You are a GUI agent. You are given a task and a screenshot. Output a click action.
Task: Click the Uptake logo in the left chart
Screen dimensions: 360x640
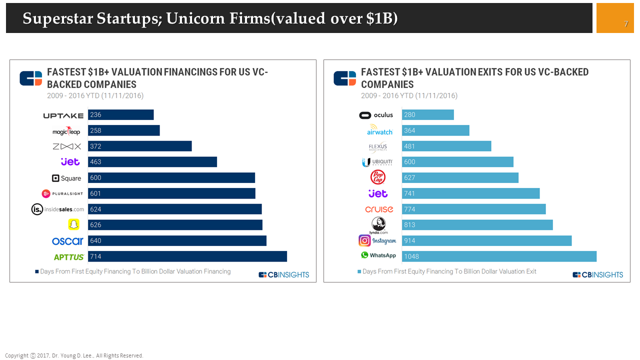pyautogui.click(x=63, y=115)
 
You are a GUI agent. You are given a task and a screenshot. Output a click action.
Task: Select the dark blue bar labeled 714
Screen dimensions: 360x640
pyautogui.click(x=187, y=256)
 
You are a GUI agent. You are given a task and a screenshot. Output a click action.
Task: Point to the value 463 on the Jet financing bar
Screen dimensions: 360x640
pyautogui.click(x=95, y=162)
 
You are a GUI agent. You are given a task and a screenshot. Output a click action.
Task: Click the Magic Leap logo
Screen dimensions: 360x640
pyautogui.click(x=66, y=131)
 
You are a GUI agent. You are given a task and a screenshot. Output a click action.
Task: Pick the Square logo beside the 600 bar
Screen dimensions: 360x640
pyautogui.click(x=66, y=178)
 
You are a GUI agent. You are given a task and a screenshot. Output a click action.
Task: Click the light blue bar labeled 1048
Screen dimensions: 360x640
pyautogui.click(x=499, y=256)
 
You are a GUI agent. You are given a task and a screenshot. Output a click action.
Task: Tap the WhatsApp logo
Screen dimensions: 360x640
pyautogui.click(x=378, y=255)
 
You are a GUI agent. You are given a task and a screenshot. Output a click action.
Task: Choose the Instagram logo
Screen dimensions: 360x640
pyautogui.click(x=377, y=240)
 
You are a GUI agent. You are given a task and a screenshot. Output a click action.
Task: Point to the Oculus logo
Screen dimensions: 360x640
pyautogui.click(x=376, y=115)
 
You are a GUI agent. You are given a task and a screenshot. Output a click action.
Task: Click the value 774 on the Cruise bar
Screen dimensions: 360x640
pyautogui.click(x=409, y=209)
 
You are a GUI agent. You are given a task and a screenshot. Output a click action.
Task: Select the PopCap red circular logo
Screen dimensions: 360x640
pyautogui.click(x=378, y=177)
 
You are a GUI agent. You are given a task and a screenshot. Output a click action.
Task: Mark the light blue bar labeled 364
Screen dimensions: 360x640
pyautogui.click(x=435, y=130)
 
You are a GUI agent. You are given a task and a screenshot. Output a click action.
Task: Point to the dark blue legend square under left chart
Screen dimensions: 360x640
pyautogui.click(x=36, y=272)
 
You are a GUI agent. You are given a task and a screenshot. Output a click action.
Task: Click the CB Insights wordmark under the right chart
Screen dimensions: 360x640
pyautogui.click(x=598, y=274)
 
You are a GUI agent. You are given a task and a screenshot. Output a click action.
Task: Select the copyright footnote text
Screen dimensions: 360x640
pyautogui.click(x=74, y=355)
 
